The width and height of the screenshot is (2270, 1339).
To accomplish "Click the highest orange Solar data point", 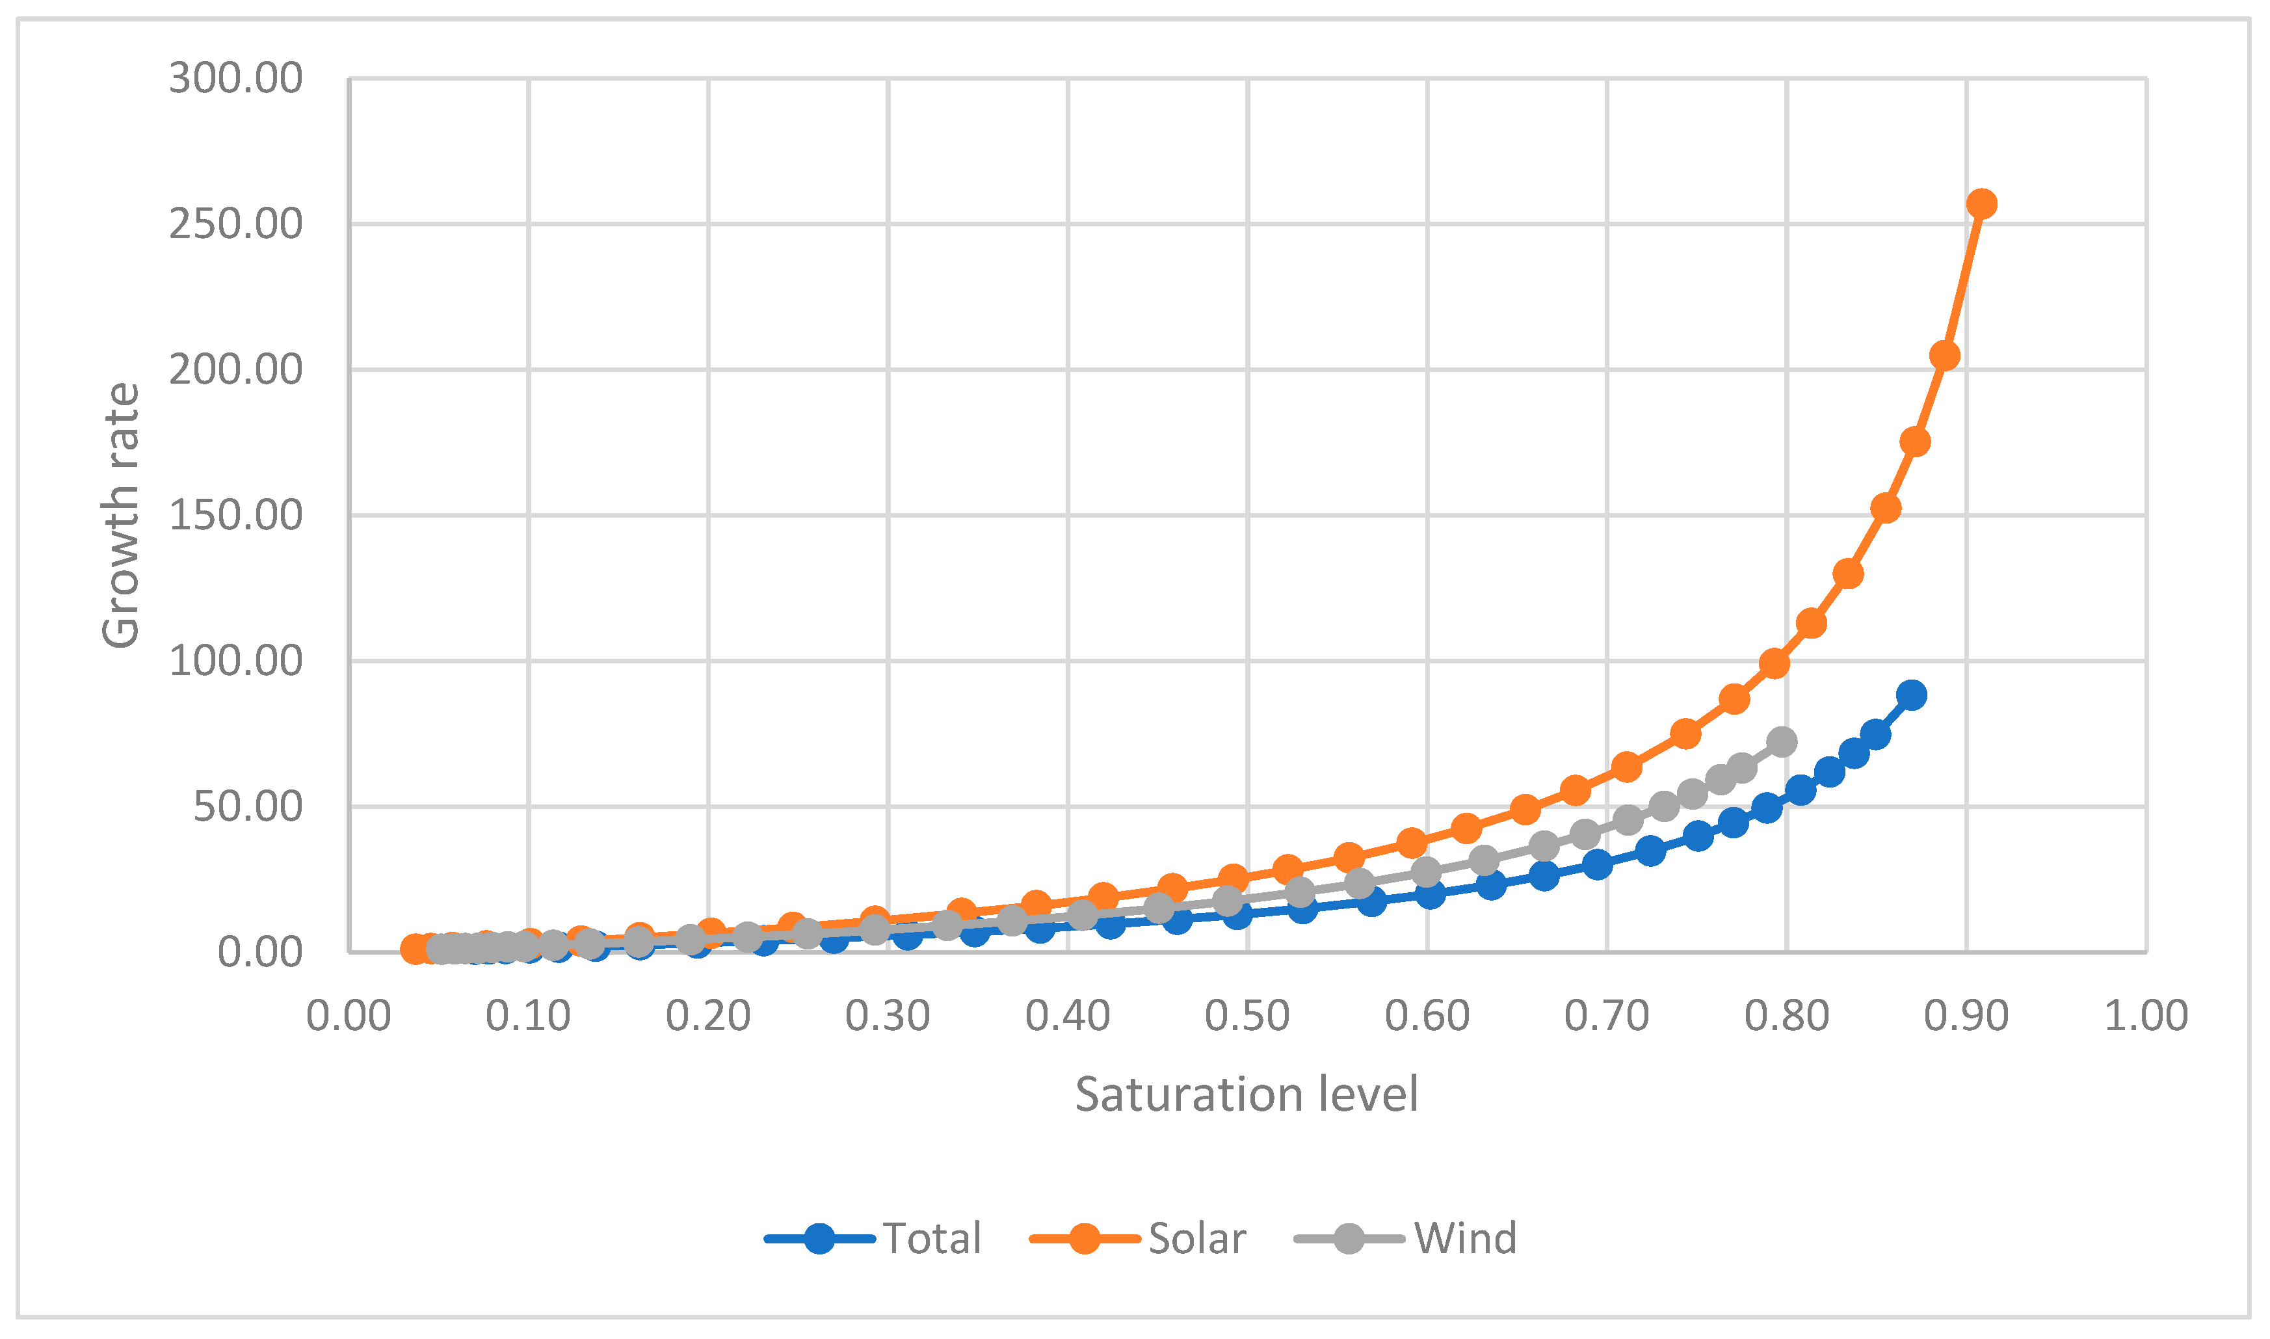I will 1981,204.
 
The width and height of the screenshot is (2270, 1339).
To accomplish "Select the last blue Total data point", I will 1911,695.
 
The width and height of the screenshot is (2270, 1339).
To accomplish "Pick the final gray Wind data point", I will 1782,743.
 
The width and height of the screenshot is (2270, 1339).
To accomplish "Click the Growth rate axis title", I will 121,516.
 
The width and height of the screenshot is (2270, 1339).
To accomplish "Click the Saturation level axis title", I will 1247,1094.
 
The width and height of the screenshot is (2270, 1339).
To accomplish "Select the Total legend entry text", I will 932,1239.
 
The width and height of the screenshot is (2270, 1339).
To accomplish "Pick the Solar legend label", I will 1197,1239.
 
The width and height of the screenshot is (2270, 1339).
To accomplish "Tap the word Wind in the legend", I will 1465,1239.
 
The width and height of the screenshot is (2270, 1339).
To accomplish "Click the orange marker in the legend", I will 1083,1239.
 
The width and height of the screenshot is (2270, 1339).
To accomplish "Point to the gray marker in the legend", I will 1349,1239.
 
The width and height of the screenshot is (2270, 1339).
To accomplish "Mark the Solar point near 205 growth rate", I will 1944,356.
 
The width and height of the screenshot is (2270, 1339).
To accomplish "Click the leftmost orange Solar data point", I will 415,949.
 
